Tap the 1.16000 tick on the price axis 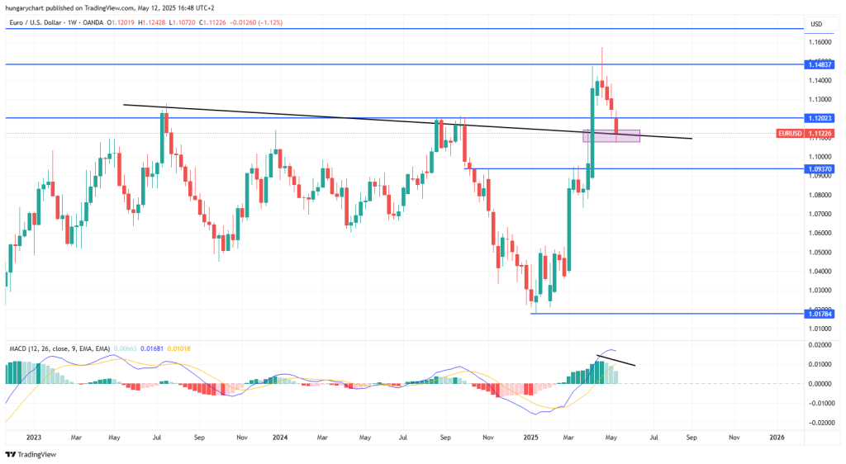pos(820,42)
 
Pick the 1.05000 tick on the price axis pos(820,252)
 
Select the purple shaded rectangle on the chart pos(612,135)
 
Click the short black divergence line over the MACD pos(615,360)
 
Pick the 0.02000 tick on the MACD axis pos(820,345)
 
